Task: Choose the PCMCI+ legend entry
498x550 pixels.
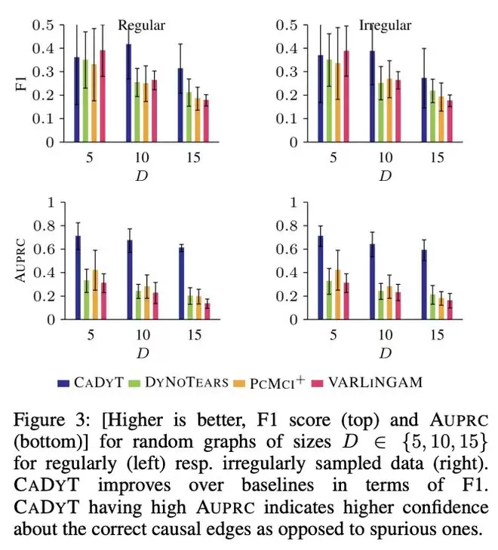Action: (x=272, y=382)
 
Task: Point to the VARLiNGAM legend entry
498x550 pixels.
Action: (x=369, y=382)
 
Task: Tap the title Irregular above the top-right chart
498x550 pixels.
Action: (x=385, y=26)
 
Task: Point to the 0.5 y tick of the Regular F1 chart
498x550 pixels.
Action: (x=44, y=25)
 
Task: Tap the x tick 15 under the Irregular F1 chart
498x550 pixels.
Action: (x=437, y=159)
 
